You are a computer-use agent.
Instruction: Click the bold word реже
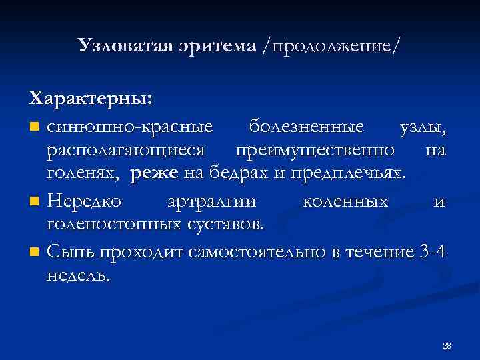pos(155,175)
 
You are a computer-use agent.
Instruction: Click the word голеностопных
pos(113,225)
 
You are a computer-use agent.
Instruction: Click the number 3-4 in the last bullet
pos(435,251)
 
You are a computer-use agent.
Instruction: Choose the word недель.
pos(77,275)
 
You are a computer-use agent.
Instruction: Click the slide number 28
pos(446,345)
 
